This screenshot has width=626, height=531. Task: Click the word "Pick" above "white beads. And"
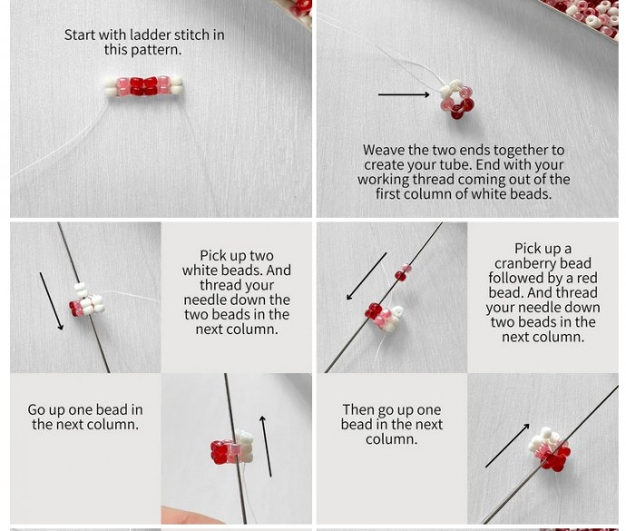[x=213, y=256]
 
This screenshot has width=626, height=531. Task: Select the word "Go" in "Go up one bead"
[x=35, y=410]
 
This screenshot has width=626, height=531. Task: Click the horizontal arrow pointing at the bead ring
[x=404, y=94]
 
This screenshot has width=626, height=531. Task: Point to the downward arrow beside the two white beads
[x=51, y=301]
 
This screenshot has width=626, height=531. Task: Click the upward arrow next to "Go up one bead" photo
[x=267, y=446]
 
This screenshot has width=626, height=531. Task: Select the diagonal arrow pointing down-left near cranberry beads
[x=367, y=276]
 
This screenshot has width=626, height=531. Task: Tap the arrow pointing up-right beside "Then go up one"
[x=507, y=445]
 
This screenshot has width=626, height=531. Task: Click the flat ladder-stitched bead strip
[x=143, y=86]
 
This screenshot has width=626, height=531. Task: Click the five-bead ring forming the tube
[x=456, y=99]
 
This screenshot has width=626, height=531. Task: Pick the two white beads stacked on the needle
[x=81, y=290]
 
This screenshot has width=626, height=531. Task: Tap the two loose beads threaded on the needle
[x=403, y=272]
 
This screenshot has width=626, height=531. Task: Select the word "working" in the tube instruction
[x=384, y=180]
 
